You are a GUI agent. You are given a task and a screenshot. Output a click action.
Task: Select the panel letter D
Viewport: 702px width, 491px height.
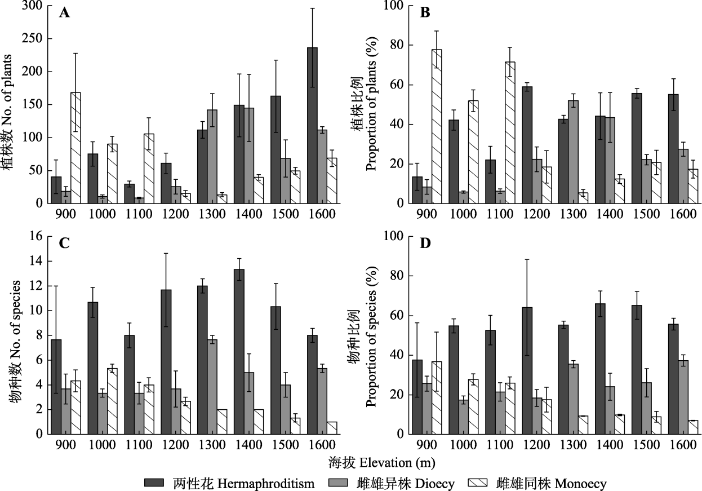426,245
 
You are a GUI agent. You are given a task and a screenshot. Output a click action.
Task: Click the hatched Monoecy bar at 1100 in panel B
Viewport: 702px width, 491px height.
509,132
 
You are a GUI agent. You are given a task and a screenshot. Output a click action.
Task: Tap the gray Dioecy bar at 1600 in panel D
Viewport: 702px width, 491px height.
681,397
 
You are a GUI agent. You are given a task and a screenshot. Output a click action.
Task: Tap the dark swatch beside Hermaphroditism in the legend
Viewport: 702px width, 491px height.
154,483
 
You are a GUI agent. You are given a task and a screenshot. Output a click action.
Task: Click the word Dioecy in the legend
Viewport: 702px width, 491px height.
434,483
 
